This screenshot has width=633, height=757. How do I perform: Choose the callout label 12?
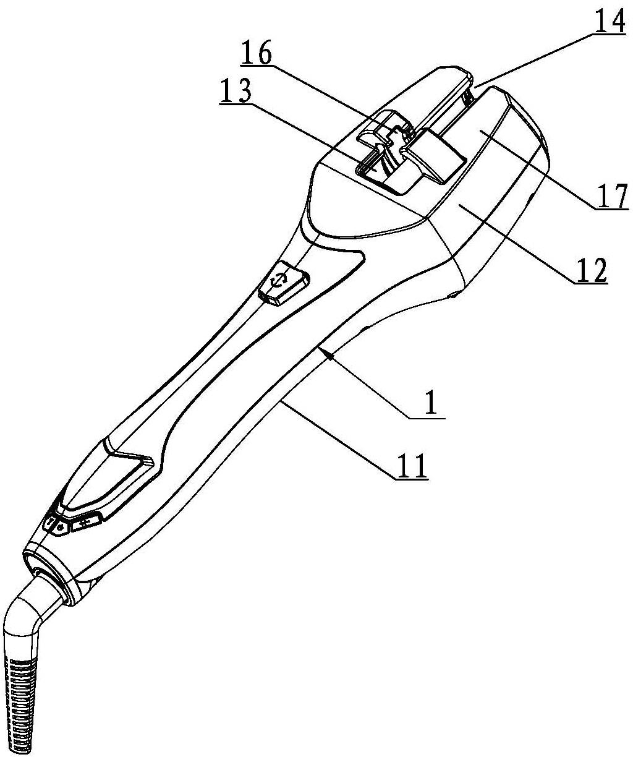(x=590, y=270)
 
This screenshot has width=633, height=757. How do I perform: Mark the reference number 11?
(x=412, y=466)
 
